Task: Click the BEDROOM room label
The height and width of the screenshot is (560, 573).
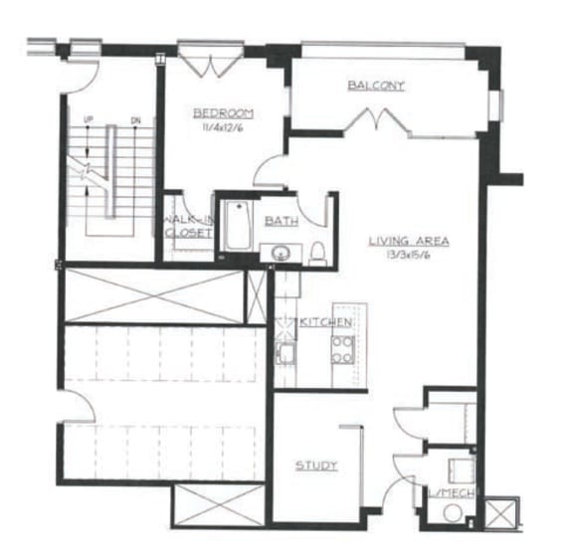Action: pyautogui.click(x=223, y=112)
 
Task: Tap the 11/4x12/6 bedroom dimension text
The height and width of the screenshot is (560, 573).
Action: pyautogui.click(x=223, y=126)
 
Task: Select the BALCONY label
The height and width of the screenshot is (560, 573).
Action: pyautogui.click(x=376, y=86)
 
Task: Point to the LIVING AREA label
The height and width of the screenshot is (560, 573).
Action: pyautogui.click(x=408, y=241)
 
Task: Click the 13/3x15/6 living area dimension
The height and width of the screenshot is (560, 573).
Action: pyautogui.click(x=408, y=255)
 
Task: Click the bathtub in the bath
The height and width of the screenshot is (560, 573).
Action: pyautogui.click(x=238, y=228)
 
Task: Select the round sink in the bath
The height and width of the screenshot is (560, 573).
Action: pyautogui.click(x=282, y=254)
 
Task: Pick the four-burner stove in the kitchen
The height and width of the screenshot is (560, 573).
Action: pyautogui.click(x=342, y=348)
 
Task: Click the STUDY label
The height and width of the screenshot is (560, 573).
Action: pyautogui.click(x=316, y=465)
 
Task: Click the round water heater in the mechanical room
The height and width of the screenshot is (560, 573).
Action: pyautogui.click(x=454, y=514)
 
